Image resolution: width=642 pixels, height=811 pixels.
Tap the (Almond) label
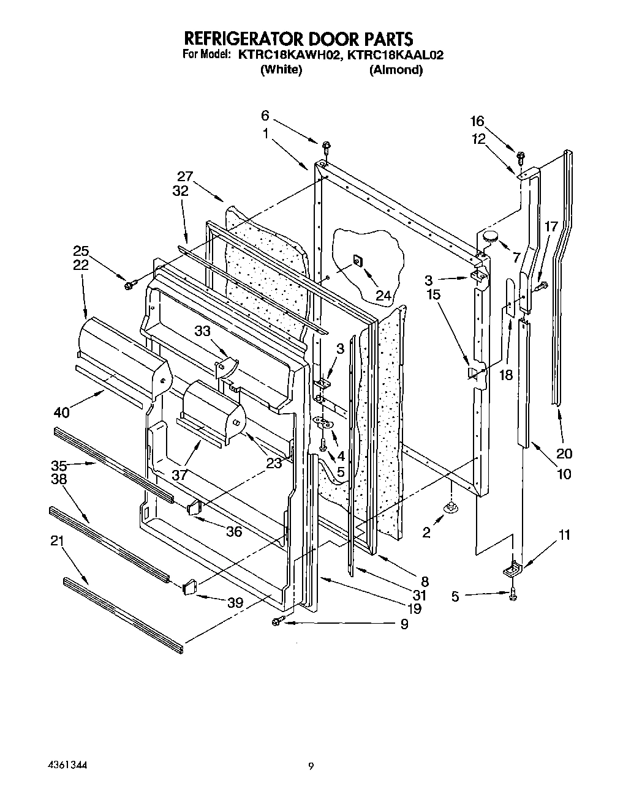coord(396,70)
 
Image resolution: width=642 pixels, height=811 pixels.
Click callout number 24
coord(383,296)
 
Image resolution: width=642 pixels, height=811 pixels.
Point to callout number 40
coord(62,413)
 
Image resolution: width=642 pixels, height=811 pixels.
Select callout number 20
coord(564,454)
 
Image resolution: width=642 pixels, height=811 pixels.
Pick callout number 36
coord(234,531)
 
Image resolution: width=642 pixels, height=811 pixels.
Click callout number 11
coord(565,535)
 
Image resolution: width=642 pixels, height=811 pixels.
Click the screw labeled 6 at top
coord(326,146)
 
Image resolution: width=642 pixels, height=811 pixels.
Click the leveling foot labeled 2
coord(451,507)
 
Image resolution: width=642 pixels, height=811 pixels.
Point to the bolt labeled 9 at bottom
coord(276,622)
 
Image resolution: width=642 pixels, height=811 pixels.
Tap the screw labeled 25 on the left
coord(129,285)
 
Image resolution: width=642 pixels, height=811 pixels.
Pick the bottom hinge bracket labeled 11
coord(512,569)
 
